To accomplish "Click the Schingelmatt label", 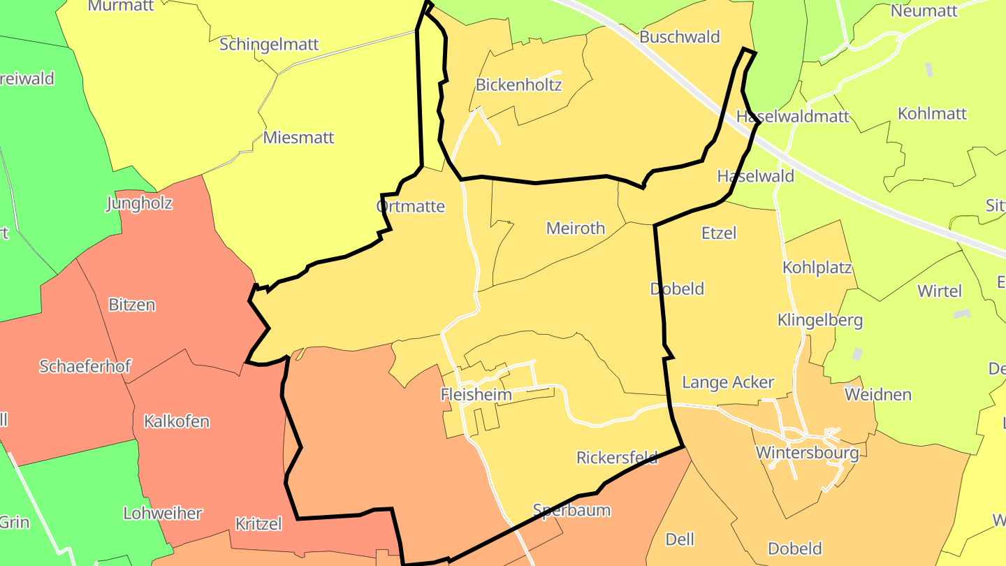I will (269, 45).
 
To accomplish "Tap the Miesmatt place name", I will (298, 137).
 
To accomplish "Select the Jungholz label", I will (139, 203).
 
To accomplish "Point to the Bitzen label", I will (132, 305).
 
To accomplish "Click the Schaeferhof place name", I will (85, 366).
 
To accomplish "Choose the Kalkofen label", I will (177, 421).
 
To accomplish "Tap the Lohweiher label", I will (163, 513).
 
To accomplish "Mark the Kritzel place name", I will (258, 523).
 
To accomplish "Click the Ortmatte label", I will (410, 206).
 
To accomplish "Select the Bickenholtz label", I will (518, 85).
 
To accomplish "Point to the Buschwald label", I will (679, 37).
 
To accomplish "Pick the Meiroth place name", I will (576, 228).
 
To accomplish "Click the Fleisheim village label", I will (476, 395).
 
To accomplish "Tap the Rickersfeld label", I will (617, 458).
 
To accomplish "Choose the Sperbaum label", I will (571, 510).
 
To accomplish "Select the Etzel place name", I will (719, 233).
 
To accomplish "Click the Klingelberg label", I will (820, 321).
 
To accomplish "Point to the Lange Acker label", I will (728, 382).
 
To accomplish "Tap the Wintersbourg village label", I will (807, 453).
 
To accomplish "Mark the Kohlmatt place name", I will (932, 113).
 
